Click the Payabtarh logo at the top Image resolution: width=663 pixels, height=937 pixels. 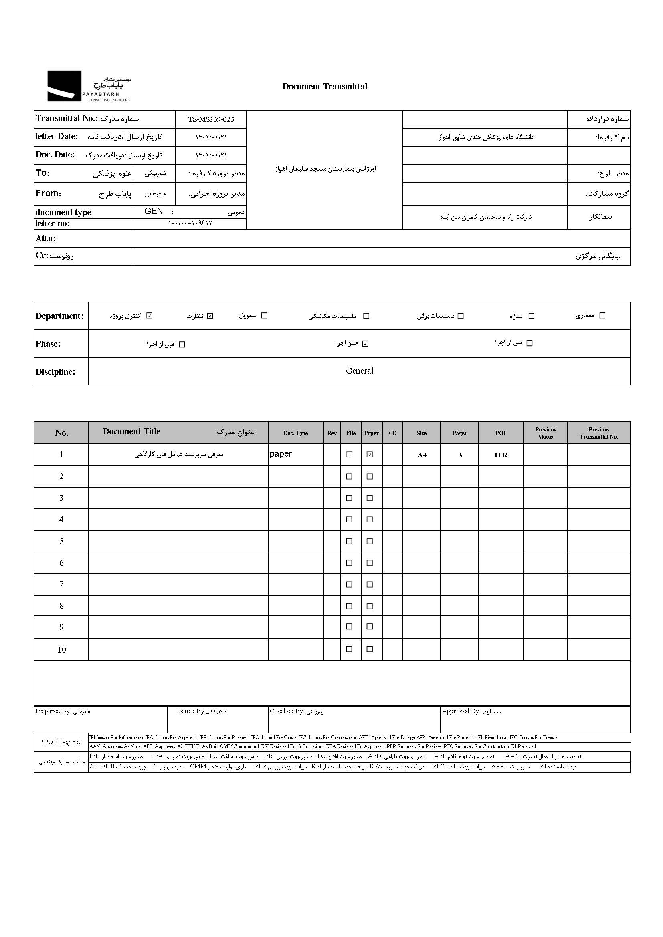[x=89, y=86]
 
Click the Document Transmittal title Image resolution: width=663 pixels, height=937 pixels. [x=325, y=87]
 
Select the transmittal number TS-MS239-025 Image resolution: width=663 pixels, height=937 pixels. [x=211, y=119]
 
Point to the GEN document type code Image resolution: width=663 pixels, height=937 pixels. [x=154, y=211]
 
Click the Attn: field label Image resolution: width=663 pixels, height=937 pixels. [x=45, y=238]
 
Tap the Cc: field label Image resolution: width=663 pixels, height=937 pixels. [x=42, y=256]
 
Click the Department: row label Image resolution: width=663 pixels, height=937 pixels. [x=59, y=316]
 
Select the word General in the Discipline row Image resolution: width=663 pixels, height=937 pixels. [x=359, y=371]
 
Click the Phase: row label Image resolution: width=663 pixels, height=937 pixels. [x=48, y=344]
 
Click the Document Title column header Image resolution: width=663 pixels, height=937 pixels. [x=131, y=432]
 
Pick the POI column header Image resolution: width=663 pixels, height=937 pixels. [x=501, y=433]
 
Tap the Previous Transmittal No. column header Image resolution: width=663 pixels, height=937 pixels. [x=598, y=433]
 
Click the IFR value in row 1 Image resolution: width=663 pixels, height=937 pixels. [x=501, y=455]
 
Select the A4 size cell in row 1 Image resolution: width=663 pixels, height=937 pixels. [x=422, y=455]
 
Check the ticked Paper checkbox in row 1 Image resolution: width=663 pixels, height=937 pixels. [x=370, y=455]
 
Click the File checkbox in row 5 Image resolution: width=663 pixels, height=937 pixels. [x=349, y=541]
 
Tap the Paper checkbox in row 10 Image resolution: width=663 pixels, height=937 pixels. [x=370, y=649]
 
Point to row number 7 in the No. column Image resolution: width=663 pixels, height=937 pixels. [x=61, y=584]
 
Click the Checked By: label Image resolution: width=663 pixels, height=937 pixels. [x=287, y=711]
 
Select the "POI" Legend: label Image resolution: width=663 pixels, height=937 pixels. [x=61, y=742]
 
